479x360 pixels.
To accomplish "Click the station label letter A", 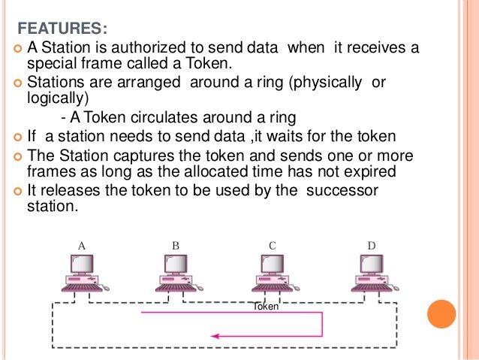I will point(82,245).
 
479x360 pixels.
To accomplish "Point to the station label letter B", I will point(176,245).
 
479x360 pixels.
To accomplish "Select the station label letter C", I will point(273,245).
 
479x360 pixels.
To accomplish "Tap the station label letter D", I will point(371,245).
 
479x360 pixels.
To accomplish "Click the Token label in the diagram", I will point(267,307).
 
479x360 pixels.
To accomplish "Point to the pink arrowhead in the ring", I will point(216,336).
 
